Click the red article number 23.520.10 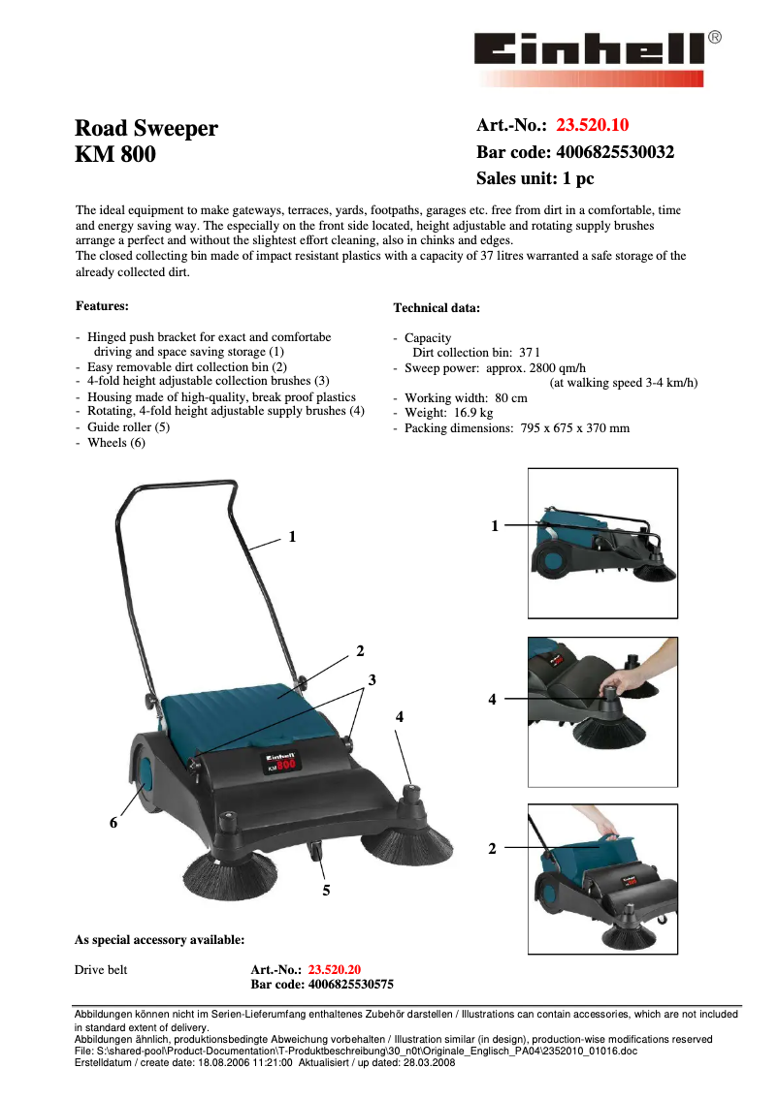point(592,125)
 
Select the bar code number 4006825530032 point(614,152)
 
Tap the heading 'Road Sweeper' point(146,129)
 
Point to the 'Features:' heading point(103,306)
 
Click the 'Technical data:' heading point(436,308)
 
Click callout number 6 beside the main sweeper point(113,823)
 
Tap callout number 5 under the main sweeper point(326,890)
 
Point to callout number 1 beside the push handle point(292,536)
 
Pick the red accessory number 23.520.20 point(334,969)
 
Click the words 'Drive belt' point(101,969)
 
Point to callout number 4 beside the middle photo point(492,699)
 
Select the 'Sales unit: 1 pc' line point(535,179)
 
